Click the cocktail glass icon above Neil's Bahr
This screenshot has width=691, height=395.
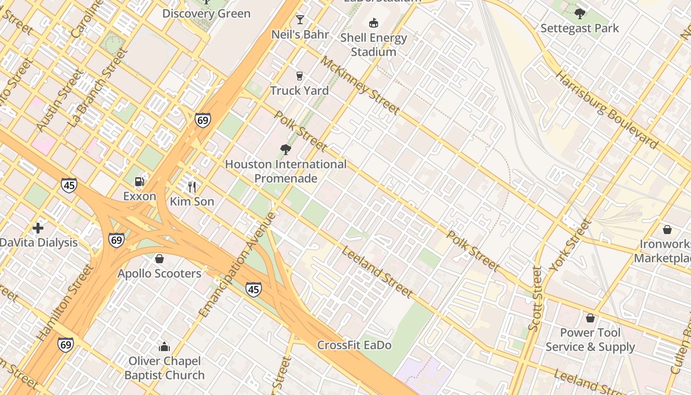[300, 20]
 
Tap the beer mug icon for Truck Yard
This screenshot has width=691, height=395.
[299, 76]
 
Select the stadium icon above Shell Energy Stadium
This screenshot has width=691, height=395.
[374, 23]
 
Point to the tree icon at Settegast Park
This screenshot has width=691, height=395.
[579, 13]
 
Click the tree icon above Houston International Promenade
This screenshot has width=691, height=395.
[285, 149]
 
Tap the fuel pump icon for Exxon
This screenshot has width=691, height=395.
[140, 182]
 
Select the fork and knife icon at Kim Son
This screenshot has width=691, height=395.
[192, 187]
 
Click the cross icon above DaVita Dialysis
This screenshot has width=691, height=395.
[38, 228]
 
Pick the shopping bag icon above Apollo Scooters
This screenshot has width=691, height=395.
[159, 259]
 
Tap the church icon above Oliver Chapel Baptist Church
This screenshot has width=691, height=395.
[164, 347]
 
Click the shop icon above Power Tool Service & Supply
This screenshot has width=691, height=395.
[590, 318]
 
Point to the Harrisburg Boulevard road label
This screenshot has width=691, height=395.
[607, 110]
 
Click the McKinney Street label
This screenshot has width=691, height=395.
[360, 85]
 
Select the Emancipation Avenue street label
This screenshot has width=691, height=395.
[237, 265]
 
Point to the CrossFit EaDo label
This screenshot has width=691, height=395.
[354, 345]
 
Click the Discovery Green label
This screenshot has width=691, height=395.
[206, 13]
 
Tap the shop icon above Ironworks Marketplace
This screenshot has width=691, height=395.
[667, 230]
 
